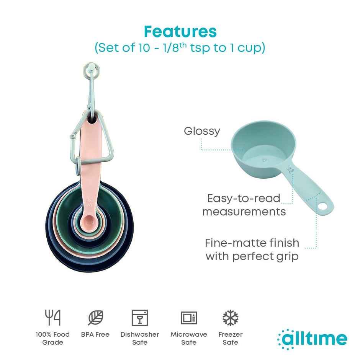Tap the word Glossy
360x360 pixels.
point(202,131)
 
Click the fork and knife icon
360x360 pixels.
point(53,318)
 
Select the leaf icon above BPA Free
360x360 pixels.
point(95,318)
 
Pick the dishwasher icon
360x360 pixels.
point(139,318)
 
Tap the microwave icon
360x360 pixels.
point(189,318)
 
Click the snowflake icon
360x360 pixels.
point(231,318)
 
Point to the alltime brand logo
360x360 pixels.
point(312,339)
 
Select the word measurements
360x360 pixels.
point(244,212)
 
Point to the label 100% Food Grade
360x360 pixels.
point(53,338)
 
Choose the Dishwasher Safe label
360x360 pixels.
point(139,338)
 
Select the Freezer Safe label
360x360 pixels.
point(231,338)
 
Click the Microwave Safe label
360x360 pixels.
point(189,338)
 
